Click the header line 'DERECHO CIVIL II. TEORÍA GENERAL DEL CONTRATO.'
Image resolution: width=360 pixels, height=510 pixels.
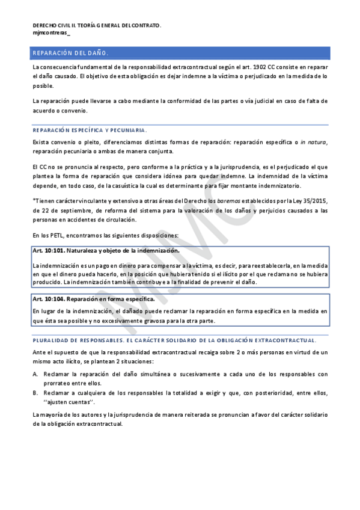point(97,26)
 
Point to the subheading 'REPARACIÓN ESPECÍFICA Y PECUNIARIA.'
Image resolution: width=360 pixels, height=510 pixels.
point(90,130)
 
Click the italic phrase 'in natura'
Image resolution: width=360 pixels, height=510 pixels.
point(313,141)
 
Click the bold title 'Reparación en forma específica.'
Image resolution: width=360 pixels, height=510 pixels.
point(110,299)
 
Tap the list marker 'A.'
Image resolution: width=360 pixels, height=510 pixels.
point(35,374)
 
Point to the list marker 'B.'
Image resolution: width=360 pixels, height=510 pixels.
point(35,393)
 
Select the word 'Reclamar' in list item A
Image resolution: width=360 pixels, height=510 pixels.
point(57,374)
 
